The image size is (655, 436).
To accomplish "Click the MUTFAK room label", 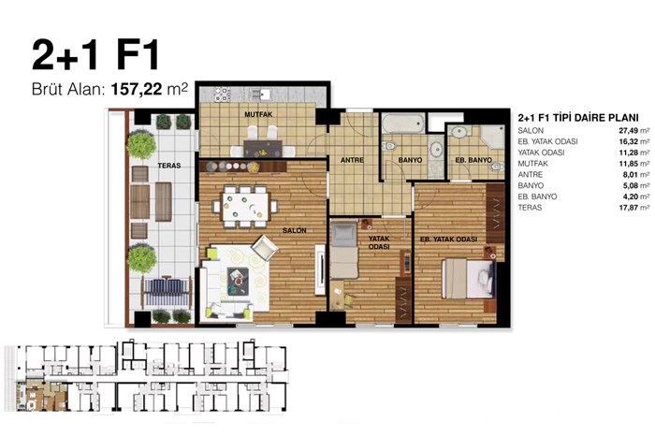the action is [258, 114].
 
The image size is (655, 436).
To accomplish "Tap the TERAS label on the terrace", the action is [169, 166].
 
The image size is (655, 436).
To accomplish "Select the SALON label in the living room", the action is [294, 230].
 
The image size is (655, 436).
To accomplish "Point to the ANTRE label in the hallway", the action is [352, 160].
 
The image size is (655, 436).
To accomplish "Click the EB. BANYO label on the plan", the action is [473, 160].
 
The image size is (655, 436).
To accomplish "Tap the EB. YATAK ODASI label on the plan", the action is [448, 240].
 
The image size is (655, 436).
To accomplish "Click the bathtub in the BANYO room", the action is [402, 123].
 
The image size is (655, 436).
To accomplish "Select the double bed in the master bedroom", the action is [468, 279].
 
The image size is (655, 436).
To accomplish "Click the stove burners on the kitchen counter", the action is [222, 94].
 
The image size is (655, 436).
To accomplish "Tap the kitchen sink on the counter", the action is [263, 94].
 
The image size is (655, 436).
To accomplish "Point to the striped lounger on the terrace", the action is [167, 292].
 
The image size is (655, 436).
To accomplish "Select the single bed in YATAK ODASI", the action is [344, 250].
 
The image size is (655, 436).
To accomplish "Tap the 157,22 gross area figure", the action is [136, 89].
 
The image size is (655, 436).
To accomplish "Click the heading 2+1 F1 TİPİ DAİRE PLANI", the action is [578, 117].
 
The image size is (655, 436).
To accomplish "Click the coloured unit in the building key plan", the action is [41, 395].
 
